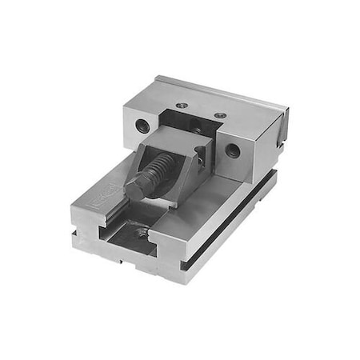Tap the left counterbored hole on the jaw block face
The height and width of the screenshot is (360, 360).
coord(142,125)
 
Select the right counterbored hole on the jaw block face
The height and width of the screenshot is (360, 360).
coord(232,150)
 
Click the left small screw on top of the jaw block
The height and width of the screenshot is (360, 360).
coord(183,105)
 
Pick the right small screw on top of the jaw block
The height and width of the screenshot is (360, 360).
coord(219,115)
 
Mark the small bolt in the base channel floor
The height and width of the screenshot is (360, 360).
coord(143,233)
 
